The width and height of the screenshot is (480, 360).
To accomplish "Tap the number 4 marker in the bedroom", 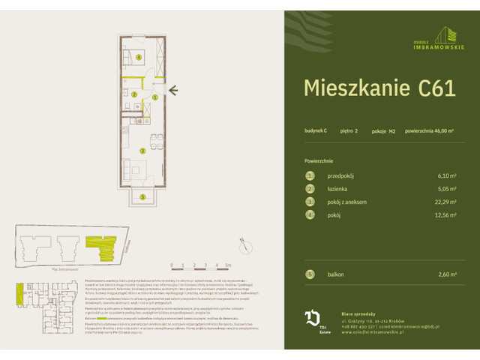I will tap(139, 56).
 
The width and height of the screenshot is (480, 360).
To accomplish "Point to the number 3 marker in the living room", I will tap(142, 150).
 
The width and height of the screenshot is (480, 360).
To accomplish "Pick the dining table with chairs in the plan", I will tap(154, 139).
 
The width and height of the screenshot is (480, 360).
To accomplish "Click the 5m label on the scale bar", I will tap(228, 265).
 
